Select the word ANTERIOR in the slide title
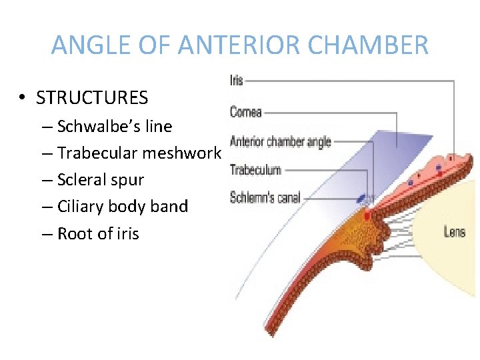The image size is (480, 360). (235, 45)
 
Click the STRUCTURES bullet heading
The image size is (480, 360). (92, 98)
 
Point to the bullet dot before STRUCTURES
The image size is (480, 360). (23, 99)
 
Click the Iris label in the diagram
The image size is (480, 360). (237, 81)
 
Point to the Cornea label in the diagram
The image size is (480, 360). (246, 111)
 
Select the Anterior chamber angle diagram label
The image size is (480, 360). (280, 141)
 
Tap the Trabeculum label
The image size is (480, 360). (255, 170)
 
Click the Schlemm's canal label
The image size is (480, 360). (265, 198)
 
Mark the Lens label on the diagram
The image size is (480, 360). (455, 232)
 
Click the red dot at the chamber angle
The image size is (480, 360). (367, 215)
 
